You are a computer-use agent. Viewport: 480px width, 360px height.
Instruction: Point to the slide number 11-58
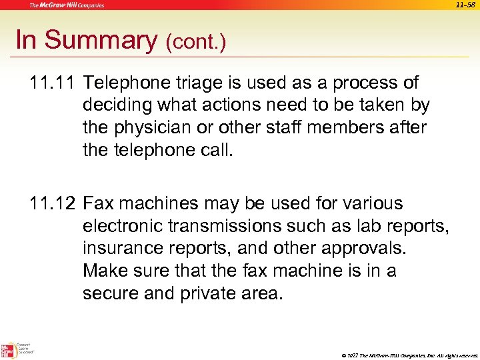(x=465, y=5)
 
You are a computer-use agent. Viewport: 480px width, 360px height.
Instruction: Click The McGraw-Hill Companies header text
(x=67, y=5)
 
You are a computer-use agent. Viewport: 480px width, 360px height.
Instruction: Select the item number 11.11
(x=52, y=83)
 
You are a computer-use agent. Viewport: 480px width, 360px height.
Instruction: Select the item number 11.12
(x=53, y=203)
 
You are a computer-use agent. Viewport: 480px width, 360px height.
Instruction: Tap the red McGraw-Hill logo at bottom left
(x=9, y=349)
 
